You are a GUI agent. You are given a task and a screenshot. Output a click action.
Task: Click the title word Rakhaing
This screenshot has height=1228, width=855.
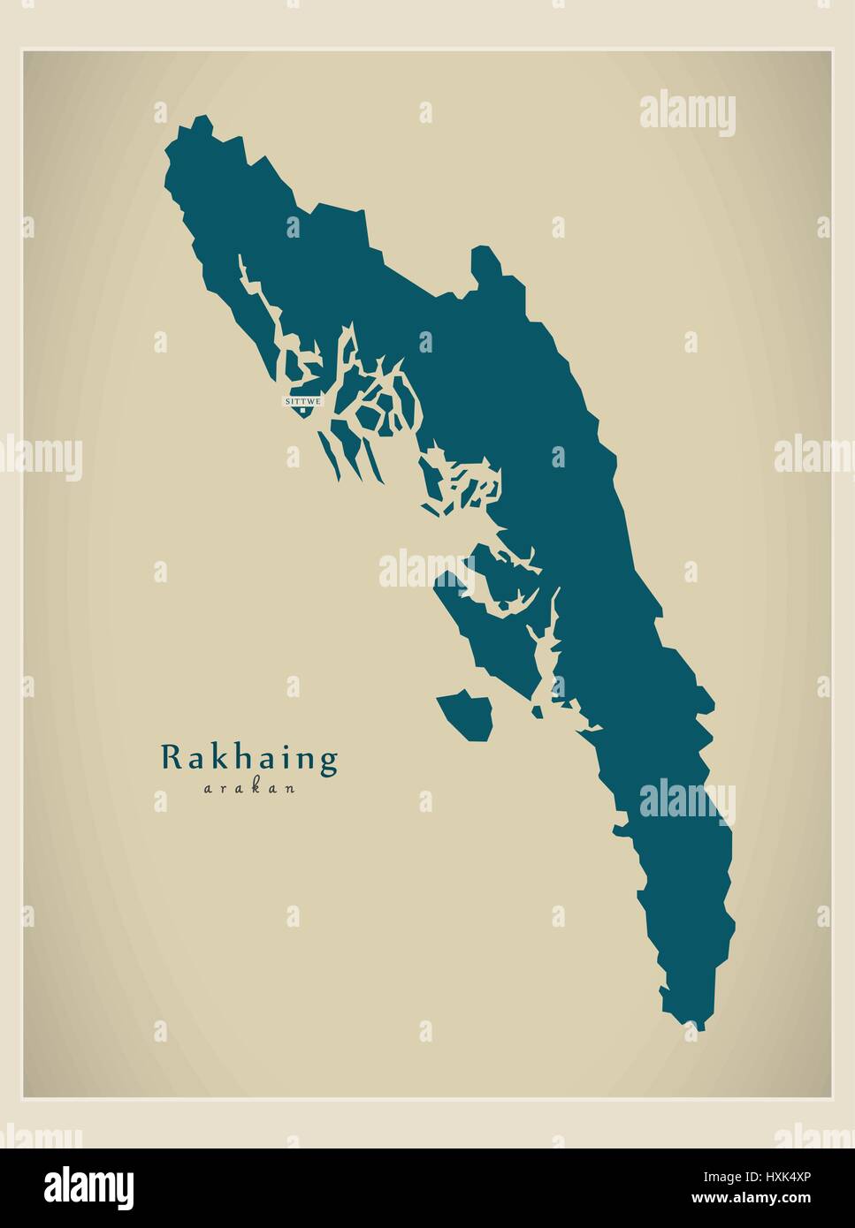click(x=249, y=758)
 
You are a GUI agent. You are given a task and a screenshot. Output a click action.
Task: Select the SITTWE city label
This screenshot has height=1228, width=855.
click(x=303, y=401)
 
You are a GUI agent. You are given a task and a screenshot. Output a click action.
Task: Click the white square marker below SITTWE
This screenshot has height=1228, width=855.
click(x=303, y=410)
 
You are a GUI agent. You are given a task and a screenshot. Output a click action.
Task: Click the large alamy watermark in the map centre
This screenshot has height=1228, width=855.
click(x=427, y=569)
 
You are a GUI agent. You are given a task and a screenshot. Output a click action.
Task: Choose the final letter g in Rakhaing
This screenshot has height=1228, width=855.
click(x=329, y=762)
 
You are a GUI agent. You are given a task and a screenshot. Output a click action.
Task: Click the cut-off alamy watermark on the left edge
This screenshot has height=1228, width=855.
click(x=40, y=458)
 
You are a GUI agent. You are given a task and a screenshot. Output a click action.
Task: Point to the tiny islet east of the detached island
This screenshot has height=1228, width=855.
click(x=536, y=712)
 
